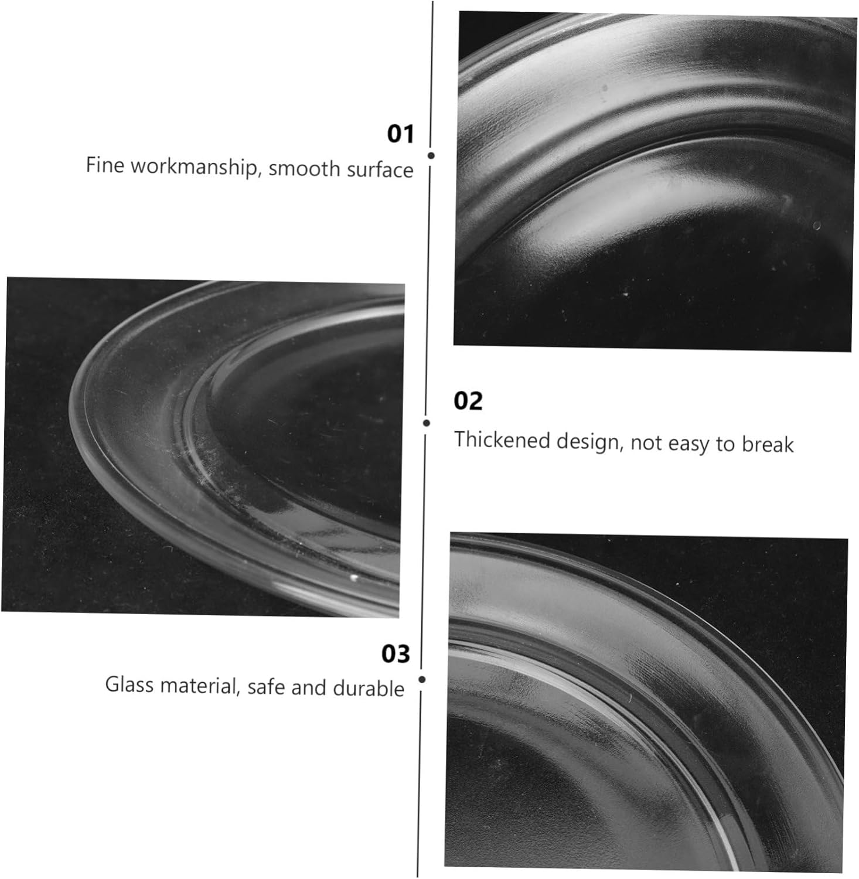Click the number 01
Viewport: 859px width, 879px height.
click(x=400, y=134)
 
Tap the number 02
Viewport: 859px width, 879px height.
click(x=468, y=401)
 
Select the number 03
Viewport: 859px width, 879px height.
click(x=396, y=653)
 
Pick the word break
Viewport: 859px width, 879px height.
click(x=768, y=445)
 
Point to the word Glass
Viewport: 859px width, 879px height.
click(x=129, y=684)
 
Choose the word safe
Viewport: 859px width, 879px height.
click(x=267, y=687)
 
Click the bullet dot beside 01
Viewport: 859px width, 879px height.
click(x=431, y=155)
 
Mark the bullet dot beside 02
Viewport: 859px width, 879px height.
click(x=427, y=423)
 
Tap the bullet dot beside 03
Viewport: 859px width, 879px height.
click(x=422, y=679)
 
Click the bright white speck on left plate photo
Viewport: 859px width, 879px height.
click(x=353, y=578)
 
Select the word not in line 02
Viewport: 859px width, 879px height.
click(x=646, y=443)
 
